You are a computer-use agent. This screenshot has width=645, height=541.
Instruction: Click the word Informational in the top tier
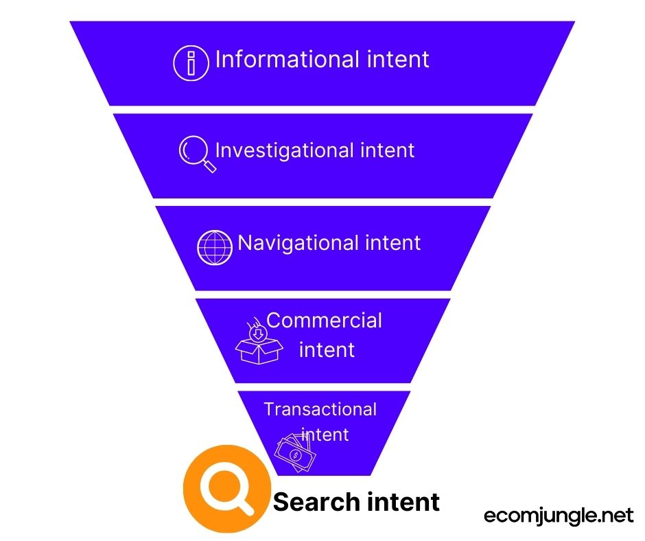click(x=286, y=60)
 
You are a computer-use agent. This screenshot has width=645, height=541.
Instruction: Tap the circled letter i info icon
click(x=191, y=62)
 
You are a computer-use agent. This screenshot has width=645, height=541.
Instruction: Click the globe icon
click(x=215, y=247)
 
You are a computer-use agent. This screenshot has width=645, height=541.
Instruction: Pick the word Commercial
click(x=325, y=321)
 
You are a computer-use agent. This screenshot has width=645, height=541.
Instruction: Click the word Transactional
click(x=320, y=410)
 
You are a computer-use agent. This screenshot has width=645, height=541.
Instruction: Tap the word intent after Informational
click(x=399, y=60)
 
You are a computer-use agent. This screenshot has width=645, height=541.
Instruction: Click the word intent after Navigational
click(x=392, y=242)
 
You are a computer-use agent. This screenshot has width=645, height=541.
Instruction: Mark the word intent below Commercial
click(x=327, y=349)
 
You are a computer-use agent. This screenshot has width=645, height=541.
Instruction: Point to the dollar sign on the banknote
click(x=296, y=454)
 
